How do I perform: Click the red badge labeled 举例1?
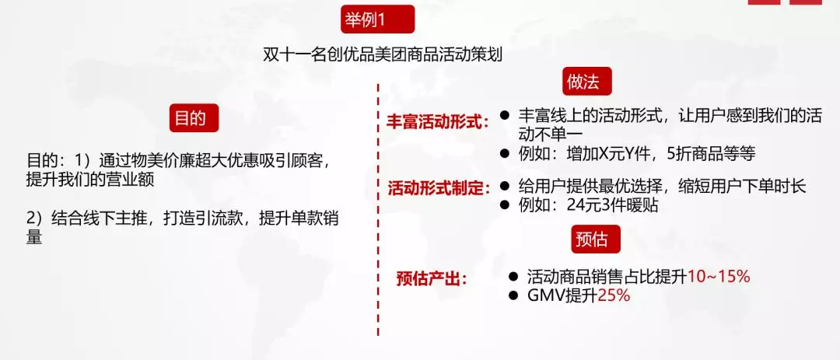coord(378,19)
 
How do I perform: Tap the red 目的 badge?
coord(194,118)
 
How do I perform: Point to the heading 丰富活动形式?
coord(436,121)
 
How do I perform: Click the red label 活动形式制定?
coord(439,189)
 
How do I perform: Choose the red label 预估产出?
coord(431,279)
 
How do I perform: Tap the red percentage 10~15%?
coord(719,277)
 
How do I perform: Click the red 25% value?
coord(614,295)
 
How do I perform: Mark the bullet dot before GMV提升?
coord(514,295)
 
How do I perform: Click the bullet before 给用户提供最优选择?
coord(504,186)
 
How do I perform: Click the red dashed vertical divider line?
coord(378,209)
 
